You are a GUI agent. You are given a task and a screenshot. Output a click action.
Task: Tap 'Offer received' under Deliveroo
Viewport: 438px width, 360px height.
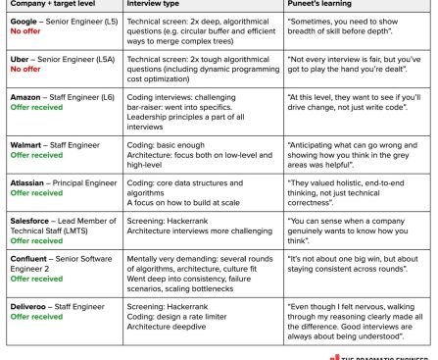click(36, 318)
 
